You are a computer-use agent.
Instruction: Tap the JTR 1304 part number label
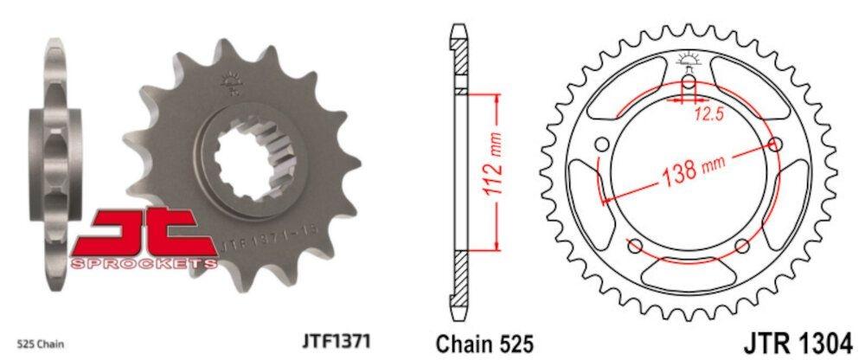[800, 338]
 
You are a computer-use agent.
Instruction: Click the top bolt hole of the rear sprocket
[689, 84]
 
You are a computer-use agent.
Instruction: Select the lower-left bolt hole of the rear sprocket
[636, 247]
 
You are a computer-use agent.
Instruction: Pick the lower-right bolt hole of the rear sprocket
[742, 247]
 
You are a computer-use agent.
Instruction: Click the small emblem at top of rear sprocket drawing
[689, 59]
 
